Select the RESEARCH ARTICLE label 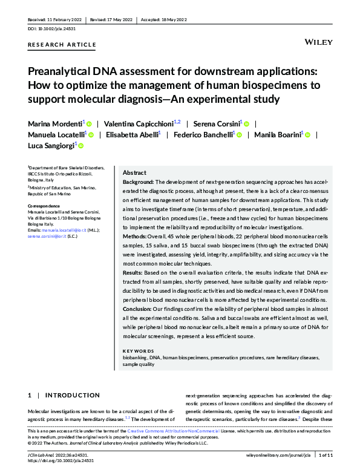point(62,45)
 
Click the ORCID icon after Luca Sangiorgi point(80,146)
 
